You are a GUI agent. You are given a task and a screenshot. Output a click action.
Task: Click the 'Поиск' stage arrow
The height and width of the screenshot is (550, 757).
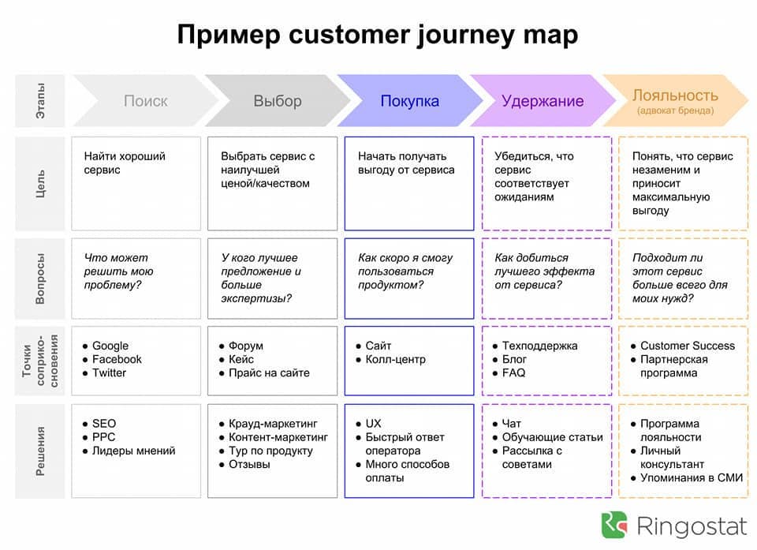[146, 100]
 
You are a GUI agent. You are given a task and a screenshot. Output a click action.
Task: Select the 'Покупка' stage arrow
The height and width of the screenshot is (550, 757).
[410, 100]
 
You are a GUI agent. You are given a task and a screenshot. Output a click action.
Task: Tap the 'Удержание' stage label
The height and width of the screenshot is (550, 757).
[543, 101]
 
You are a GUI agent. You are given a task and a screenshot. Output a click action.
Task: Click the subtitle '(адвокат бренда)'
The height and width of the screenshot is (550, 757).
[676, 110]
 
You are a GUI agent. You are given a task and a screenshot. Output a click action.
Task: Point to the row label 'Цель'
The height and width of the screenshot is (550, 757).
[40, 183]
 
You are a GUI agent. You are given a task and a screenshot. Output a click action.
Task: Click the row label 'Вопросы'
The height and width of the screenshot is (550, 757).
[40, 279]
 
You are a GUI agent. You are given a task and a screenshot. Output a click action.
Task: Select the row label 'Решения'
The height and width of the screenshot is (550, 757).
[40, 451]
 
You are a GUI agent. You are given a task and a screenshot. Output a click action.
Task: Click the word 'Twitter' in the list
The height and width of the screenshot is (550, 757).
[109, 372]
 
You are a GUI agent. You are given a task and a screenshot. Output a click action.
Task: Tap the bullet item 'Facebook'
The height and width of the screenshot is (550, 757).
[117, 359]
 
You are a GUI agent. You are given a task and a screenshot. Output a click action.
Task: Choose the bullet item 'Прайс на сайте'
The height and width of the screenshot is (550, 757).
[269, 372]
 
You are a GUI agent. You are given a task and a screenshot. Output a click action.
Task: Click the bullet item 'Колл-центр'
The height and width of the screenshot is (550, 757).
[395, 359]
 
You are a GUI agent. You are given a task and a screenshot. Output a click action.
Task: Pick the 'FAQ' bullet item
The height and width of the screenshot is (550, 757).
[513, 372]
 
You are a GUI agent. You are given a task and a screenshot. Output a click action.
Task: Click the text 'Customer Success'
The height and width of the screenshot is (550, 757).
[688, 346]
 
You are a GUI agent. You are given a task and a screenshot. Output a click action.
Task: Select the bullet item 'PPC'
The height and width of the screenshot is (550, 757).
[103, 437]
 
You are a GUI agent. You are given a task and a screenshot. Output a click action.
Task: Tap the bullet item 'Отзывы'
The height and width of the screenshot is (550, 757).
[249, 464]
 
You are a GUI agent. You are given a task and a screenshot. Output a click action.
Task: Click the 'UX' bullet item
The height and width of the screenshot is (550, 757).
[373, 424]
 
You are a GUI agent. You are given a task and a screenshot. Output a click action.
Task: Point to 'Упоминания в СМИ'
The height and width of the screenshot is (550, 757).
[692, 477]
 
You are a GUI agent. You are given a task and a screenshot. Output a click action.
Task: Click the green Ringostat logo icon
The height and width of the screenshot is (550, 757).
[614, 525]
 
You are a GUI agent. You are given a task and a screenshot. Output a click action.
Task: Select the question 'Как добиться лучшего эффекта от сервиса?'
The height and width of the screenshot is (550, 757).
[544, 271]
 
